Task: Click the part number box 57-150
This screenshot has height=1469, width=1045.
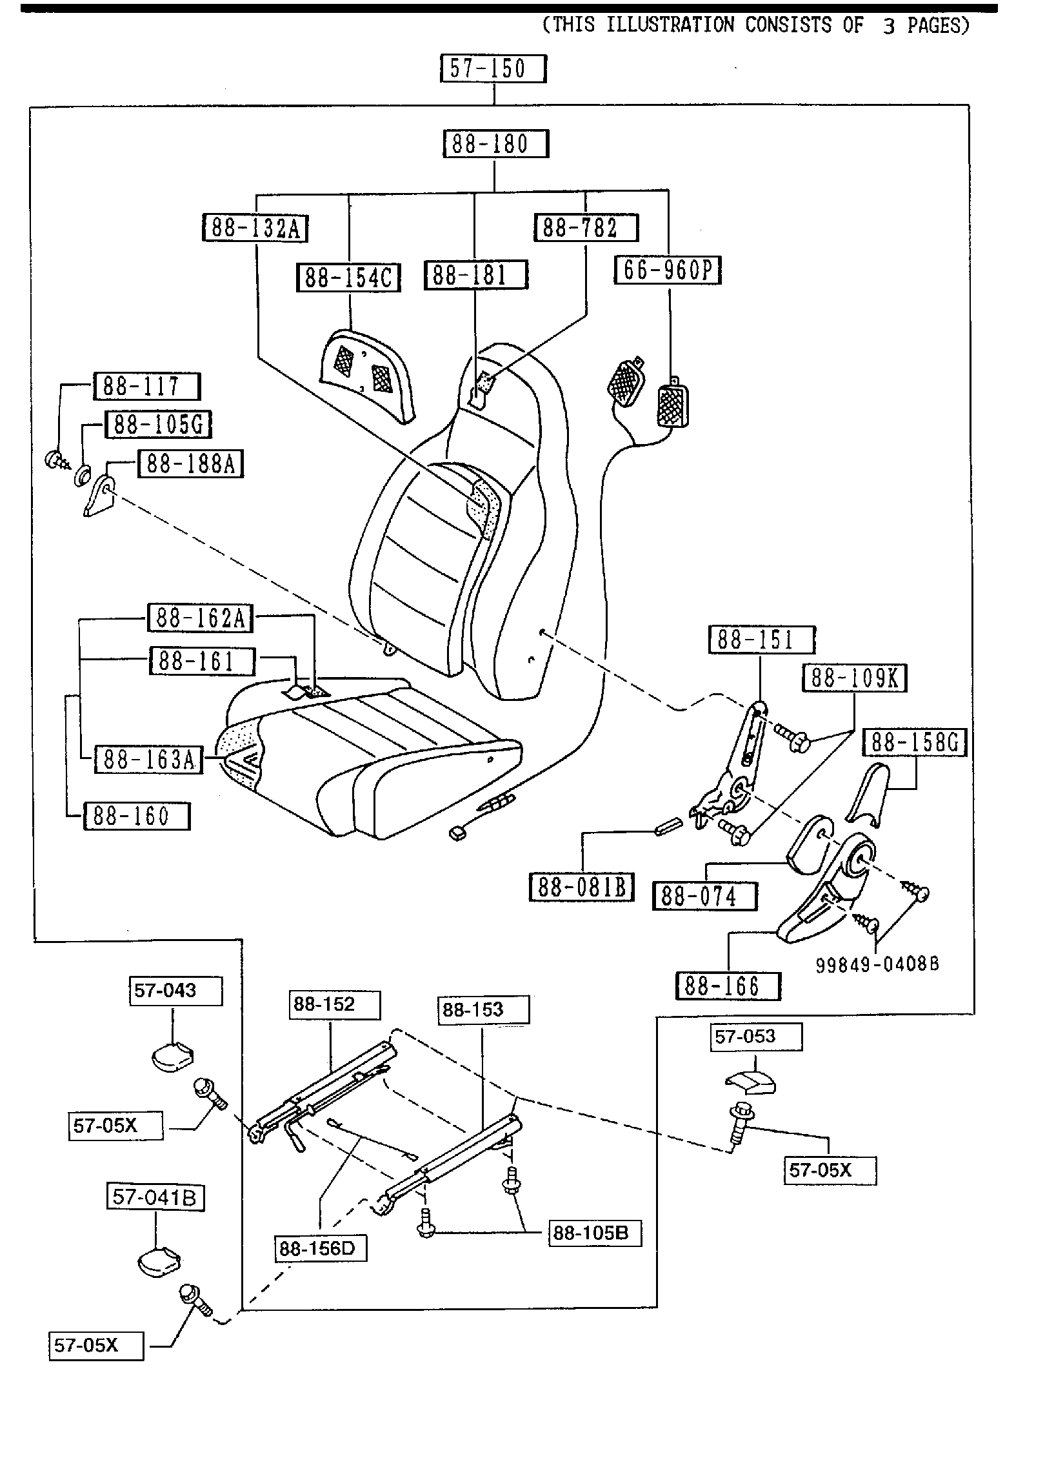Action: point(493,68)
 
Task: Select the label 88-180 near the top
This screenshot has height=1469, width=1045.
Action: point(495,143)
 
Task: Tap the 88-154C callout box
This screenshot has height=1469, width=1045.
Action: point(348,278)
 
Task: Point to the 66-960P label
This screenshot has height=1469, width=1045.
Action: point(668,270)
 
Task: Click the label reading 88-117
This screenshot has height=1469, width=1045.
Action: point(147,386)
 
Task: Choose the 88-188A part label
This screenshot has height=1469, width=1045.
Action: point(190,464)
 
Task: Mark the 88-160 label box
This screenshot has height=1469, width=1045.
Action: point(137,816)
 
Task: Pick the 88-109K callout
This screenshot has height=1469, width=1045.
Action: point(854,678)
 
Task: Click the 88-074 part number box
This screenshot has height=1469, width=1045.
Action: point(704,896)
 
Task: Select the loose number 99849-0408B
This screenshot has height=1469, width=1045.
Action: point(877,965)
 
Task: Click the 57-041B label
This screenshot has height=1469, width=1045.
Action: point(155,1198)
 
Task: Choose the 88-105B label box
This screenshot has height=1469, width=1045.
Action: point(595,1233)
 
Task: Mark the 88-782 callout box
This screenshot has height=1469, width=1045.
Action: point(586,227)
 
